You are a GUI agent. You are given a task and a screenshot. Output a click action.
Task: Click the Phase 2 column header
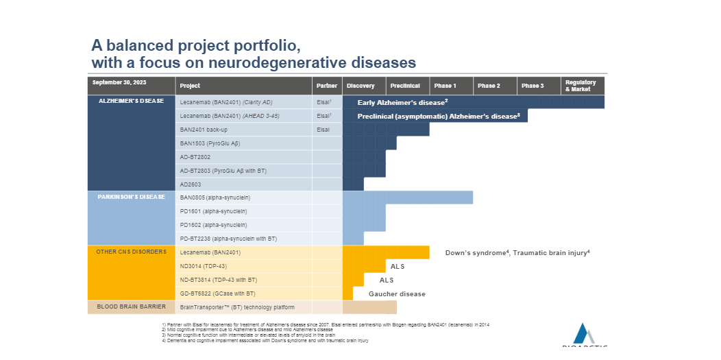point(489,86)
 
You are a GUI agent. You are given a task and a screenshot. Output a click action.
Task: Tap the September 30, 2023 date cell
point(119,82)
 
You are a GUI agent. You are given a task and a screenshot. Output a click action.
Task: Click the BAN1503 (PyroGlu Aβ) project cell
point(210,143)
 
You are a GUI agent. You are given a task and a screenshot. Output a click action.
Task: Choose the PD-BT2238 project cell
point(228,239)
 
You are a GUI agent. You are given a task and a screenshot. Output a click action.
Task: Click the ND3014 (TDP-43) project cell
point(204,266)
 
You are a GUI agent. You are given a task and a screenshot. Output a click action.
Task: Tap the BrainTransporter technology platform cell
point(237,307)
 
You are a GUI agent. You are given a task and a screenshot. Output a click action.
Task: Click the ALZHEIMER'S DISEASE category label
point(131,101)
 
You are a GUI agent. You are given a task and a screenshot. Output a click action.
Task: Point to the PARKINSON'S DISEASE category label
point(131,197)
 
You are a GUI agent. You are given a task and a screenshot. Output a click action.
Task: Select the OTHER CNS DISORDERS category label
point(131,252)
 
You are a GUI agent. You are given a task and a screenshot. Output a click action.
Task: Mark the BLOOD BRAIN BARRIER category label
point(131,307)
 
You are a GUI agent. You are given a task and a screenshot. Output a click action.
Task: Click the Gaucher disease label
point(397,294)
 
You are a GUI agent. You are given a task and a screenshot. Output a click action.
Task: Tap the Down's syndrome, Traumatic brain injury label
point(517,253)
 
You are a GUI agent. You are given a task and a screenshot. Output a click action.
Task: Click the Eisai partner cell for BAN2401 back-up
point(323,130)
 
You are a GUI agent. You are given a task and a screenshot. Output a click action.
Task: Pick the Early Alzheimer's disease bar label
point(402,102)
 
